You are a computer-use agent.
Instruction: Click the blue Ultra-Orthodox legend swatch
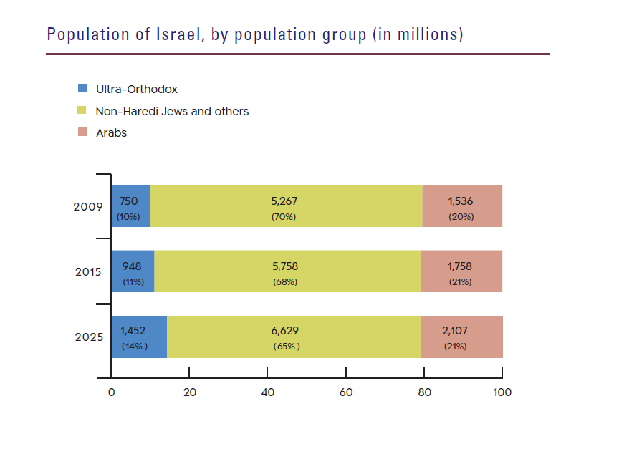pos(82,90)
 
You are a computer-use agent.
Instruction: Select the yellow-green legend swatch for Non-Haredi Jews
pos(82,111)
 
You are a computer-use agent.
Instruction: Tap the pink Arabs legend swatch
pos(82,132)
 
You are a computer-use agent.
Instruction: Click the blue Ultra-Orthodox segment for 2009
pos(130,206)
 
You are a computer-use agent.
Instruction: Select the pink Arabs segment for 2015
pos(461,271)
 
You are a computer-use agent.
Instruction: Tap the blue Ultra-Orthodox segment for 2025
pos(139,337)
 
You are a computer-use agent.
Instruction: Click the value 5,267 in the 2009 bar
pos(284,201)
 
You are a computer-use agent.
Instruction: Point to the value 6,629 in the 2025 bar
pos(284,331)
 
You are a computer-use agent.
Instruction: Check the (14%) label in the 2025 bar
pos(134,347)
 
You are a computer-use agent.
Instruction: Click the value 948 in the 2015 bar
pos(132,266)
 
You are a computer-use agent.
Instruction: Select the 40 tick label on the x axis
pos(267,392)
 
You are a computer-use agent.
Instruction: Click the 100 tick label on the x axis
pos(502,392)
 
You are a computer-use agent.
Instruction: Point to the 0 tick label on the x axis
pos(111,392)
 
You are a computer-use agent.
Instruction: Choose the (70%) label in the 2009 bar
pos(284,216)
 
